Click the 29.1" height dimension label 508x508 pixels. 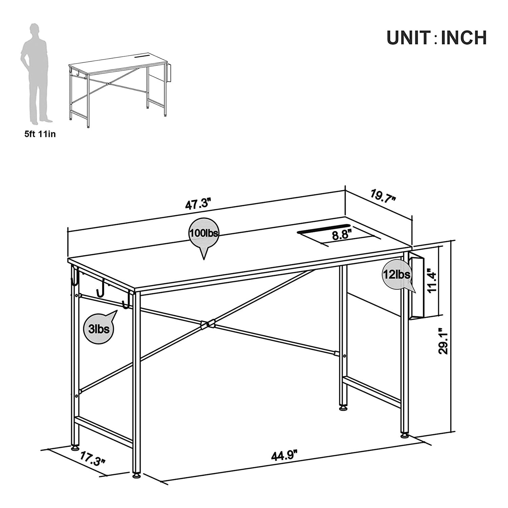443,341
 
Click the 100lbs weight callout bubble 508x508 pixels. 204,238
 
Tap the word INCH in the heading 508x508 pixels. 464,38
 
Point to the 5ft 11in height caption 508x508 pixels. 40,134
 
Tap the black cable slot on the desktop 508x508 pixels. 323,229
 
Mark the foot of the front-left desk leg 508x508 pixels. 136,476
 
